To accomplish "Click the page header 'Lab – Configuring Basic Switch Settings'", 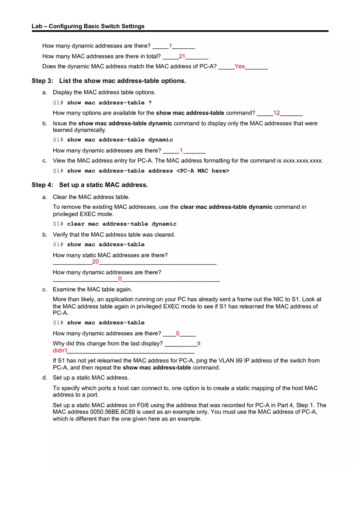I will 88,26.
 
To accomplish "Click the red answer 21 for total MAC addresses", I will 182,56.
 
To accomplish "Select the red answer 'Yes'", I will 240,66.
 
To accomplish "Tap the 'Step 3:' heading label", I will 43,81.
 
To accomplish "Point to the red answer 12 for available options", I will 277,113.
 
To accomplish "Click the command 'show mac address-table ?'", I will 109,103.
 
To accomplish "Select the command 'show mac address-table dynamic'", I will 120,140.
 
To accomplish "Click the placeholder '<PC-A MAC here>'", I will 202,171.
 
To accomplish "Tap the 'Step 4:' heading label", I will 43,185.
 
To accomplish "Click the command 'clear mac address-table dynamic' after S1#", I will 122,224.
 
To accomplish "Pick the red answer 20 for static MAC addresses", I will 95,262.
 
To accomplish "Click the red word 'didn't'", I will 60,350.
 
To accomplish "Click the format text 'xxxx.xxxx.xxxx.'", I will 303,160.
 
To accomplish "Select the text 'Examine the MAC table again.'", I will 92,289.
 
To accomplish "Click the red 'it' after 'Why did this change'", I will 199,344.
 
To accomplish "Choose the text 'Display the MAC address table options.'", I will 104,92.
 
